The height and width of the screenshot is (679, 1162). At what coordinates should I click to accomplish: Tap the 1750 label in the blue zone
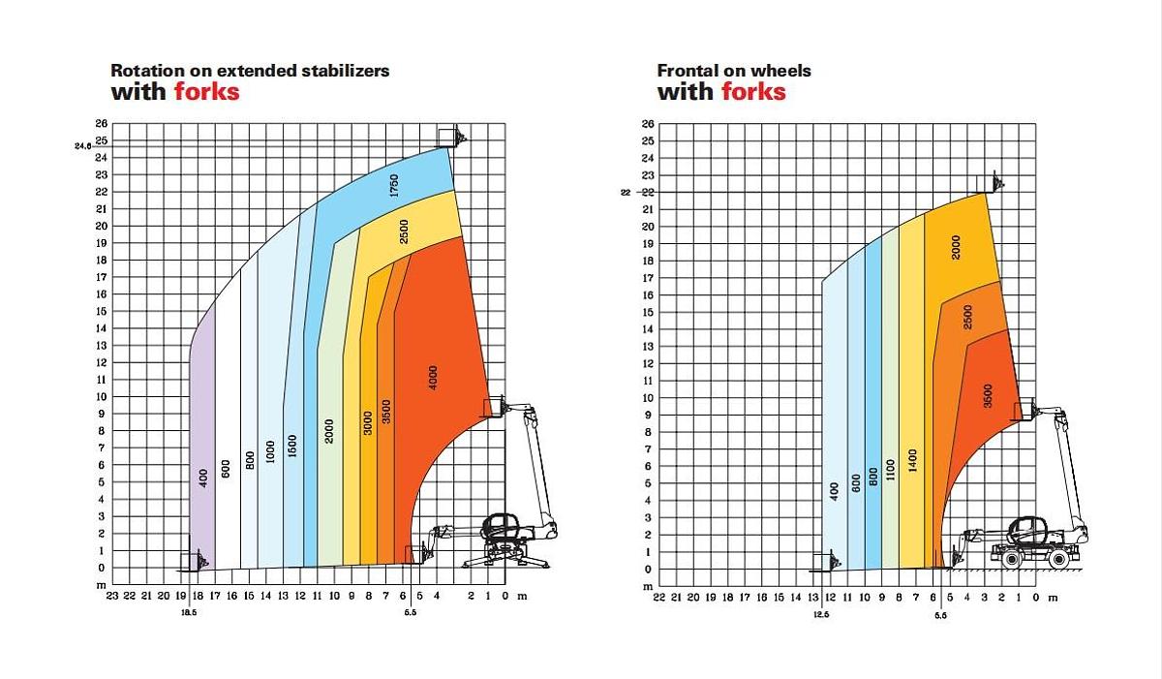394,186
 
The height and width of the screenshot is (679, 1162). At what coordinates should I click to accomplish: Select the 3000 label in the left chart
369,422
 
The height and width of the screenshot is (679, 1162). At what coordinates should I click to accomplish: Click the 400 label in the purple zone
203,478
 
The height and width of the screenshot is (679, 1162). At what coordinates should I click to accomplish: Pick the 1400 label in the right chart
913,460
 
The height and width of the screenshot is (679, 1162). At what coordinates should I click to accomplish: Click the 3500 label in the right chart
988,395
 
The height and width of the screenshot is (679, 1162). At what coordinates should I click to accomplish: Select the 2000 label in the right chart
956,248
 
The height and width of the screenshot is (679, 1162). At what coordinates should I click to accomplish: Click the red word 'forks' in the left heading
207,93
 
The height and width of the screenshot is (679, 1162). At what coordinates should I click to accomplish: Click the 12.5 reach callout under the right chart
822,614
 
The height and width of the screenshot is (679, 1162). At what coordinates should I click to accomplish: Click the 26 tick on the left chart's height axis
101,124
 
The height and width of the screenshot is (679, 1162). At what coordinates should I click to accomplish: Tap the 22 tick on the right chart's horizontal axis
659,598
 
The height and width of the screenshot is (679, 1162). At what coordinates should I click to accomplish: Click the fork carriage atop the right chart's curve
996,182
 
